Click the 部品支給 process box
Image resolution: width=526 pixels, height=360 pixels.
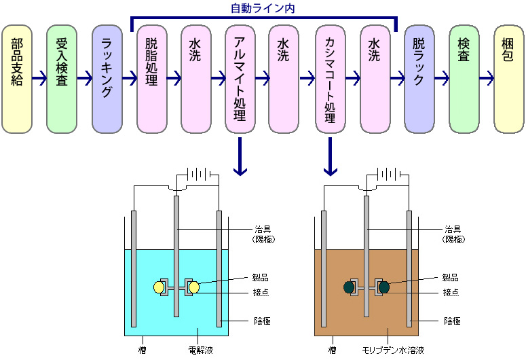click(17, 79)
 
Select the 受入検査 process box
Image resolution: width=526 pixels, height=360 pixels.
click(62, 79)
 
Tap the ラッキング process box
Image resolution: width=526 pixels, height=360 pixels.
click(107, 79)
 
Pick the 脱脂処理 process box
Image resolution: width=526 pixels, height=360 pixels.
click(151, 79)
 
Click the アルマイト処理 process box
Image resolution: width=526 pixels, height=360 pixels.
click(240, 79)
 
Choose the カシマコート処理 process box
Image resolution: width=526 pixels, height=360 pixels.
click(331, 79)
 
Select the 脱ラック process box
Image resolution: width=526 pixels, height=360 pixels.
click(419, 79)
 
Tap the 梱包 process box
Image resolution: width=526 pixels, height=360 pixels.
click(509, 79)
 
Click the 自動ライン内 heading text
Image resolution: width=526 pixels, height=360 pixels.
click(263, 8)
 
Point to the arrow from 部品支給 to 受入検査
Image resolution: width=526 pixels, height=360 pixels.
click(39, 78)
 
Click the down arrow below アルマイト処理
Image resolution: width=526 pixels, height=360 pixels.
click(240, 156)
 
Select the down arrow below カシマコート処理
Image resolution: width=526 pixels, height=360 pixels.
click(331, 156)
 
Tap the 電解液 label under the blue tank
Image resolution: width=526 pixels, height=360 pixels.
click(201, 350)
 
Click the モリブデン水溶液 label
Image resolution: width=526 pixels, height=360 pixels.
click(393, 350)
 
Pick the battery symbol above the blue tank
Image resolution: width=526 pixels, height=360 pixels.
click(199, 175)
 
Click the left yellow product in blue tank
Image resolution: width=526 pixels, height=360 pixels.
click(159, 287)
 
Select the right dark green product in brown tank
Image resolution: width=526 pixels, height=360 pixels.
click(384, 287)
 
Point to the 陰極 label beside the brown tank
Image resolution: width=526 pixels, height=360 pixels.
click(452, 321)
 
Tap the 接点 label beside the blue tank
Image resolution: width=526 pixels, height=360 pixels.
click(261, 292)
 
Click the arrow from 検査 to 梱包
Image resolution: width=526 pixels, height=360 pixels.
click(487, 78)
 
